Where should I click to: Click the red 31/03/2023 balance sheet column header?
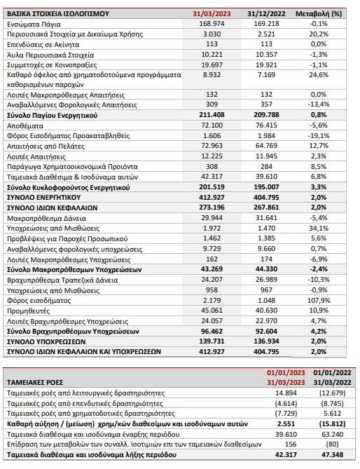[212, 14]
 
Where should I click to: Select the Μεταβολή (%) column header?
[319, 14]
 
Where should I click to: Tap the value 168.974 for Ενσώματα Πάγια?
[212, 24]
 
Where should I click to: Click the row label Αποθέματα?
[25, 125]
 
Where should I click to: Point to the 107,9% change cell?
[319, 300]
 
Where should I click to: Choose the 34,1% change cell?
[319, 229]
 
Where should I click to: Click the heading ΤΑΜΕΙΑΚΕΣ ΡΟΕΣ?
[35, 383]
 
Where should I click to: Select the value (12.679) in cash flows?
[332, 393]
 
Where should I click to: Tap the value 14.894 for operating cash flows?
[286, 393]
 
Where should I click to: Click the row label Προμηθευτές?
[29, 311]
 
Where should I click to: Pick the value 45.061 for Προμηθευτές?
[212, 311]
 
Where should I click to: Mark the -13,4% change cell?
[319, 104]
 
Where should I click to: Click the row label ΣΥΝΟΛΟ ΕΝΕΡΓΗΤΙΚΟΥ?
[44, 198]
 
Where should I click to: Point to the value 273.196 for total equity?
[212, 208]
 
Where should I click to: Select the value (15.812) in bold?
[332, 424]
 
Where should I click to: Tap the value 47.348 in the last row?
[332, 455]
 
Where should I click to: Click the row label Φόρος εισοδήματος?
[39, 300]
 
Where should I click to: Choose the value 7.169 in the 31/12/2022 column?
[266, 74]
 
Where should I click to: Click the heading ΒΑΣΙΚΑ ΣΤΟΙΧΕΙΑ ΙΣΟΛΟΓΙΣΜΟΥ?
[58, 14]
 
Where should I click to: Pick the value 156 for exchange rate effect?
[291, 444]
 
